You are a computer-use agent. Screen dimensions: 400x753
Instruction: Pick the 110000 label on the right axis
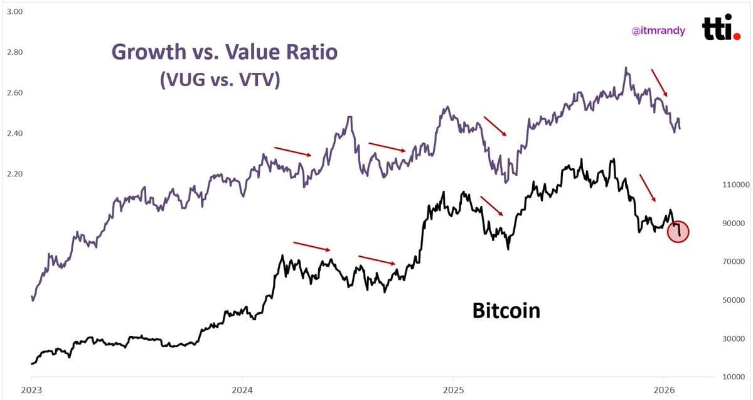coord(736,185)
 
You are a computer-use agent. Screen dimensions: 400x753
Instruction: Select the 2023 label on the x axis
coord(31,389)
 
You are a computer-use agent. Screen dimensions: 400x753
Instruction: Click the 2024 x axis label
coord(242,389)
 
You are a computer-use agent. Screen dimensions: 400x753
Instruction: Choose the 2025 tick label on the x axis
coord(452,389)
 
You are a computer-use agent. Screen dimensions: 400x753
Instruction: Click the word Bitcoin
coord(506,310)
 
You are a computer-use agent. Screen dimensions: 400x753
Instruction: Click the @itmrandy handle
coord(658,30)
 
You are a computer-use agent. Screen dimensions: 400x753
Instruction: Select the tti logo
coord(721,28)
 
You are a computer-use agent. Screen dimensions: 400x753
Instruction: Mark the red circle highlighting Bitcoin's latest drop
coord(678,231)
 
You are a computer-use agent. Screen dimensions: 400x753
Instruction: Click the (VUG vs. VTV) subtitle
coord(220,80)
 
